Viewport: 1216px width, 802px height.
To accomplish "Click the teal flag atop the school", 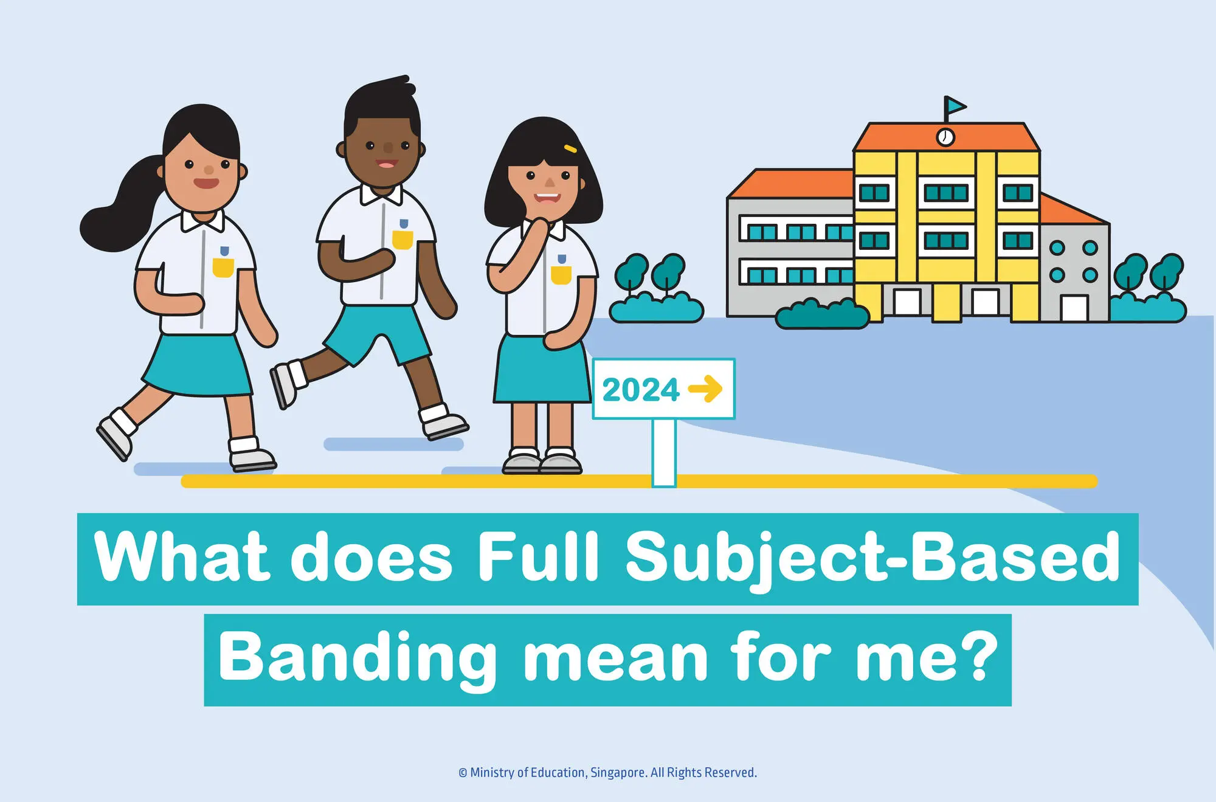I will (x=955, y=107).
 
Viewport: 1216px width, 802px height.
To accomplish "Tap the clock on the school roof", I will (x=945, y=137).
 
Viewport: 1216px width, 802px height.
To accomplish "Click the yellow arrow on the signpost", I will (x=705, y=389).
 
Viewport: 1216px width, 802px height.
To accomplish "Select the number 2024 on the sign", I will (x=640, y=390).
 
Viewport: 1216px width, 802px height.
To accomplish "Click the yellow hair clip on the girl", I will (x=570, y=148).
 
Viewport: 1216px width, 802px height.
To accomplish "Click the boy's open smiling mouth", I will (x=387, y=164).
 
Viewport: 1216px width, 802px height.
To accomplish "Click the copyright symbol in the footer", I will (x=463, y=773).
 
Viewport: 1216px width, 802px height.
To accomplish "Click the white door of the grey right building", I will (x=1074, y=308).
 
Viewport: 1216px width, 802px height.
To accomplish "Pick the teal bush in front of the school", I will (x=822, y=314).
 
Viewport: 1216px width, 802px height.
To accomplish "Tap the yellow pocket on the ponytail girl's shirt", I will (x=223, y=267).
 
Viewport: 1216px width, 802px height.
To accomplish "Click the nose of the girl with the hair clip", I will (x=549, y=182).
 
